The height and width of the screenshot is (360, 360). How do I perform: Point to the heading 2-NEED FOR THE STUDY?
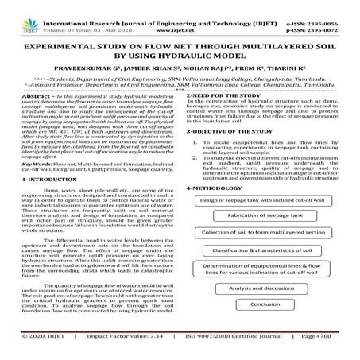(x=226, y=95)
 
